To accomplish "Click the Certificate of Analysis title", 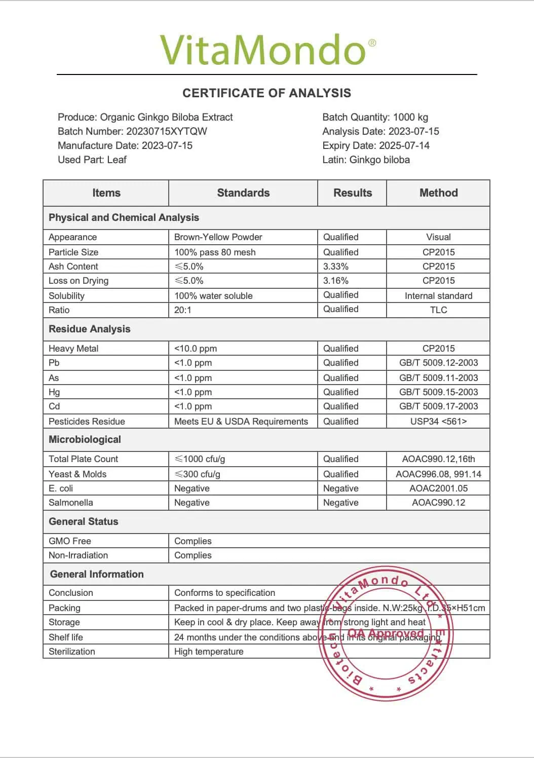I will pyautogui.click(x=266, y=93).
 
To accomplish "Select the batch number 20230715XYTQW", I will pyautogui.click(x=166, y=131).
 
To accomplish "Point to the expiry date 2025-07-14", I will pyautogui.click(x=404, y=145).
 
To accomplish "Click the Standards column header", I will pyautogui.click(x=243, y=193).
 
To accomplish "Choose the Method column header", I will pyautogui.click(x=438, y=193).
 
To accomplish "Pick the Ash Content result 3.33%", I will pyautogui.click(x=336, y=267).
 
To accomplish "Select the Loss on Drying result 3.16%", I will pyautogui.click(x=336, y=281).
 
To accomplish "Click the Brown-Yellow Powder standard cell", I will pyautogui.click(x=218, y=237).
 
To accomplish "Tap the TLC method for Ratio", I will pyautogui.click(x=438, y=310).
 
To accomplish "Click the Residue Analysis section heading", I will pyautogui.click(x=90, y=329).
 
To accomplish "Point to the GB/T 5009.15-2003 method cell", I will pyautogui.click(x=438, y=392).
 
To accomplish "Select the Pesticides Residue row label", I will pyautogui.click(x=87, y=422).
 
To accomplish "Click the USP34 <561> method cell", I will pyautogui.click(x=438, y=422).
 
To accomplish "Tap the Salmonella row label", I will pyautogui.click(x=71, y=503).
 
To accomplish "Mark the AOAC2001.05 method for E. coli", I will pyautogui.click(x=438, y=488).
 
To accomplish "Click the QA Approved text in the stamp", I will pyautogui.click(x=386, y=634).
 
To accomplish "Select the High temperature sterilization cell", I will pyautogui.click(x=209, y=652).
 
